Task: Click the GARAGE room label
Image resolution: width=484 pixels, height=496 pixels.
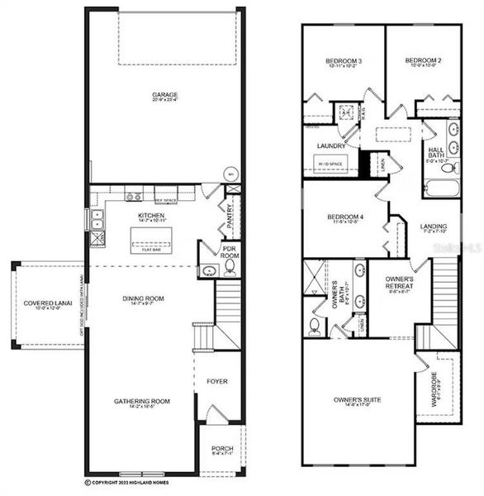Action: (164, 94)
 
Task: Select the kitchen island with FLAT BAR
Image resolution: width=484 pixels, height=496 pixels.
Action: (155, 243)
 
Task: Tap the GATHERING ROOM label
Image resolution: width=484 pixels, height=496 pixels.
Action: (142, 402)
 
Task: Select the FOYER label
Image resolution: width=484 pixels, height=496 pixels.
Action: (217, 381)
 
